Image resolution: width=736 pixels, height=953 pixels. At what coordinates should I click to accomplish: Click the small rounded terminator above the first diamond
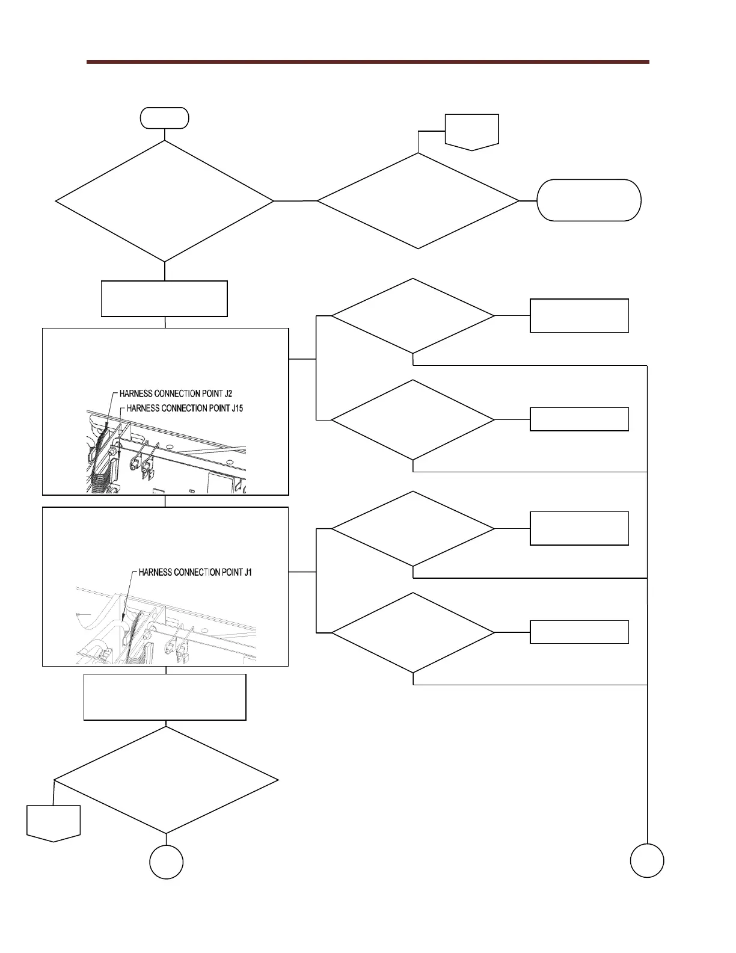point(164,118)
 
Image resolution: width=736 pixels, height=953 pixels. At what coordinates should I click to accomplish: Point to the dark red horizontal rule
point(367,62)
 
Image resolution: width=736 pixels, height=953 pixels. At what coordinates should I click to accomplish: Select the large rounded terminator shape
point(589,200)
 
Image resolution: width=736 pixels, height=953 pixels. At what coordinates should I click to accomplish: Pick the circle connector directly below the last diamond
point(166,862)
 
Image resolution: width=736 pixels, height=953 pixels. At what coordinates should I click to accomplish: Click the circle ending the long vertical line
point(647,860)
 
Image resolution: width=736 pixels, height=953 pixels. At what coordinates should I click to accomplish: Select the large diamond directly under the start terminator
point(164,201)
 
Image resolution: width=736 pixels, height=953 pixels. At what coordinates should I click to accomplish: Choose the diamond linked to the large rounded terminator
point(418,201)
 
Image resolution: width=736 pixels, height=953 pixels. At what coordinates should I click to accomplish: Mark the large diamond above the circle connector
point(166,780)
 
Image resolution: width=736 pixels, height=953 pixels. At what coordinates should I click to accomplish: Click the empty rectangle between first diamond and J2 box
point(164,298)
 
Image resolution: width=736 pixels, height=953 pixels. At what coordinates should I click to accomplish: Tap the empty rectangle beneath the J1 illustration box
point(165,697)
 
